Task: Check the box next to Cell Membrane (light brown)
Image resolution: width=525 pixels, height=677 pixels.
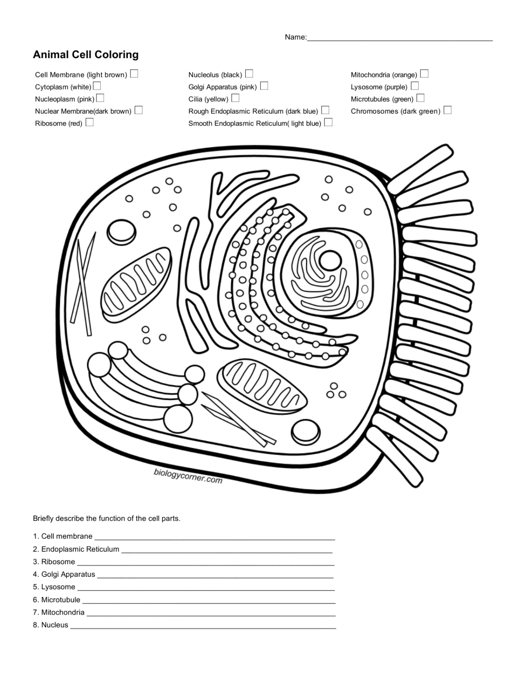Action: (134, 74)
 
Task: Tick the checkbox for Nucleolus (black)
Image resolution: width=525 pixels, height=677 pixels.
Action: (249, 74)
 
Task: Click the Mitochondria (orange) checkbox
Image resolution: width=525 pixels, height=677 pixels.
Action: (424, 74)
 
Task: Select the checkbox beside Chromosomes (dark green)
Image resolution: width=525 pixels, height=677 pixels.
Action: (448, 110)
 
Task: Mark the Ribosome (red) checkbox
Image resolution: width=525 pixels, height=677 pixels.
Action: (90, 122)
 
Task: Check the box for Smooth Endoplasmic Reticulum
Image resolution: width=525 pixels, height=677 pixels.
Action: (328, 122)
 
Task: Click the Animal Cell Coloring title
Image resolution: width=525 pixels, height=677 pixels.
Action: (86, 55)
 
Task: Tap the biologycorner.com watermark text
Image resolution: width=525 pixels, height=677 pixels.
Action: (188, 476)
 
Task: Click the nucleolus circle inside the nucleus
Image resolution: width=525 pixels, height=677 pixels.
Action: (330, 260)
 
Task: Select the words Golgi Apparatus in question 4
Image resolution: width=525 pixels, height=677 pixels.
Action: (68, 574)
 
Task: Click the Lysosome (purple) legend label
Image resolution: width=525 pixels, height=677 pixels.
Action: (379, 87)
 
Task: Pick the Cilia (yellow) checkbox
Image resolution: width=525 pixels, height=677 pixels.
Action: (235, 98)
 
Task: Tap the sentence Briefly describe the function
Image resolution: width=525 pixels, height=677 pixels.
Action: (106, 518)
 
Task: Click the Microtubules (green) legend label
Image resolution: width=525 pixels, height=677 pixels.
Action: (382, 99)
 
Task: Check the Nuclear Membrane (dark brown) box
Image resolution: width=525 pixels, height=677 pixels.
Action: (139, 110)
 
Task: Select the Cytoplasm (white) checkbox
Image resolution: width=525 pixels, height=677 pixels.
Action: (97, 86)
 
